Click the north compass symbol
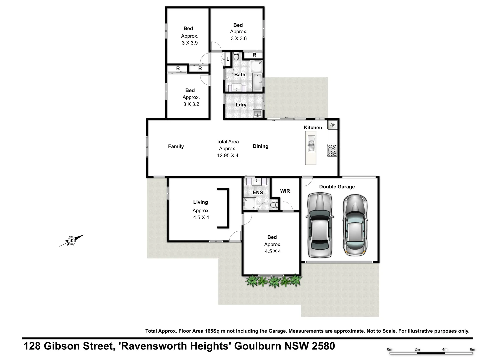coord(71,240)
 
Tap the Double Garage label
coord(337,187)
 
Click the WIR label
coord(285,191)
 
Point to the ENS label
coord(258,192)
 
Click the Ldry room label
coord(241,105)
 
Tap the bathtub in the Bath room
coord(258,82)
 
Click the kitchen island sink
coord(311,145)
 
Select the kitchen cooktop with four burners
coord(332,150)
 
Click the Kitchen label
coord(313,127)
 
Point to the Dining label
coord(260,146)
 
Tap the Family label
coord(176,146)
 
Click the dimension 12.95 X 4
coord(228,155)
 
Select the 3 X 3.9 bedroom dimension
coord(190,43)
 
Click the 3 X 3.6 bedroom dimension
coord(239,38)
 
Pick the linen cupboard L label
coord(228,59)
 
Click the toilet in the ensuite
coord(274,205)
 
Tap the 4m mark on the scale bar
coord(445,349)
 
